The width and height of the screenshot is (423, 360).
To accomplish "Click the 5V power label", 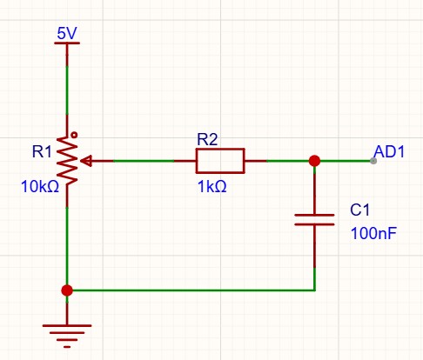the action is point(67,33).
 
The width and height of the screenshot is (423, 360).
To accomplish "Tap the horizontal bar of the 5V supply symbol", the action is point(67,43).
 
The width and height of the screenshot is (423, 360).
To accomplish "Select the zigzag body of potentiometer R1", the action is point(67,161).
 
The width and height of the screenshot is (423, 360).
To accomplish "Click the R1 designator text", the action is point(42,151).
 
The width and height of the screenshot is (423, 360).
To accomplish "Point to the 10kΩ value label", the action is point(40,186).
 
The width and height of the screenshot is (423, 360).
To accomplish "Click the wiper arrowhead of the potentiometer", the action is point(86,161).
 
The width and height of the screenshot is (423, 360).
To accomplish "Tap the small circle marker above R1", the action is point(74,135).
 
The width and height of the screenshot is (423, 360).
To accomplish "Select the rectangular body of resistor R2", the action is point(220,161).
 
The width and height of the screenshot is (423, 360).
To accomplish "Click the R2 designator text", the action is point(207,139).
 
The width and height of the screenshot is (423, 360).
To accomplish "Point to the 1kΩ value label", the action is point(211,186).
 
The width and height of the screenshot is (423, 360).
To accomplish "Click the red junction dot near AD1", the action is point(314,161).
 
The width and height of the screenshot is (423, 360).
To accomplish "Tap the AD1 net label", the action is point(389,151).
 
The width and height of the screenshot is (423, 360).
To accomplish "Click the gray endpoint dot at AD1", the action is point(373,161).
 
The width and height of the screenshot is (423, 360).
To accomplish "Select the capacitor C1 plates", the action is point(314,220).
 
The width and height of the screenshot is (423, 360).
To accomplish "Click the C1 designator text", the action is point(359,210).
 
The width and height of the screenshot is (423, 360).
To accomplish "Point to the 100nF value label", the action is point(373,233).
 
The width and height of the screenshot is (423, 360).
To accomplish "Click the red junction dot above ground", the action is point(67,290).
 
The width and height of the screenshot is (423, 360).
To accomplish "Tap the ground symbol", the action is point(67,336).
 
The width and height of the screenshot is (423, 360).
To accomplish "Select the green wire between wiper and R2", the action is point(144,161).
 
